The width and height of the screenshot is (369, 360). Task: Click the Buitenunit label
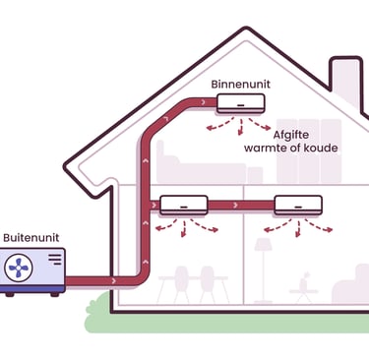29,238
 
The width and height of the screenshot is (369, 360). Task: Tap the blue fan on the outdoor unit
21,268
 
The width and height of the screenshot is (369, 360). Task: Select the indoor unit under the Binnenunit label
241,102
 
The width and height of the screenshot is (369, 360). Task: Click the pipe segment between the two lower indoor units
240,205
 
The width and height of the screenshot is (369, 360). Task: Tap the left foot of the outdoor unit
9,292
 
